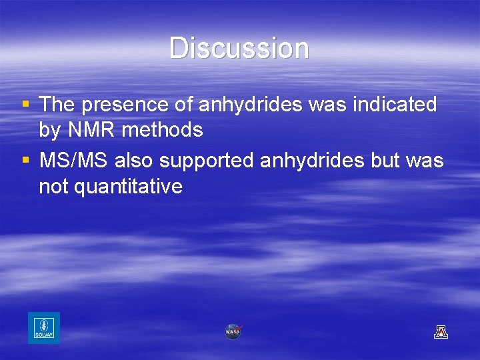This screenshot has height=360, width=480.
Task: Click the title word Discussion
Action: coord(239,49)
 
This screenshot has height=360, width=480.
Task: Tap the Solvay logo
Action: coord(44,328)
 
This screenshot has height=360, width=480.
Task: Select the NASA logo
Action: coord(233,331)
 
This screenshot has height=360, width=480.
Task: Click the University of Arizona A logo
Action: coord(441,331)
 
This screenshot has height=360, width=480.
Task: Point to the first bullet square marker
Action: coord(25,104)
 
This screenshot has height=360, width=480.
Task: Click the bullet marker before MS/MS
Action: coord(25,160)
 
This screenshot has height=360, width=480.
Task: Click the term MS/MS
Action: coord(74,161)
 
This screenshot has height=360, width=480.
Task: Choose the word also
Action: coord(136,161)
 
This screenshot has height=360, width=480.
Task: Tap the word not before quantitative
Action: coord(53,187)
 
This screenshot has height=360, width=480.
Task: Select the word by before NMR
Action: coord(49,131)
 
